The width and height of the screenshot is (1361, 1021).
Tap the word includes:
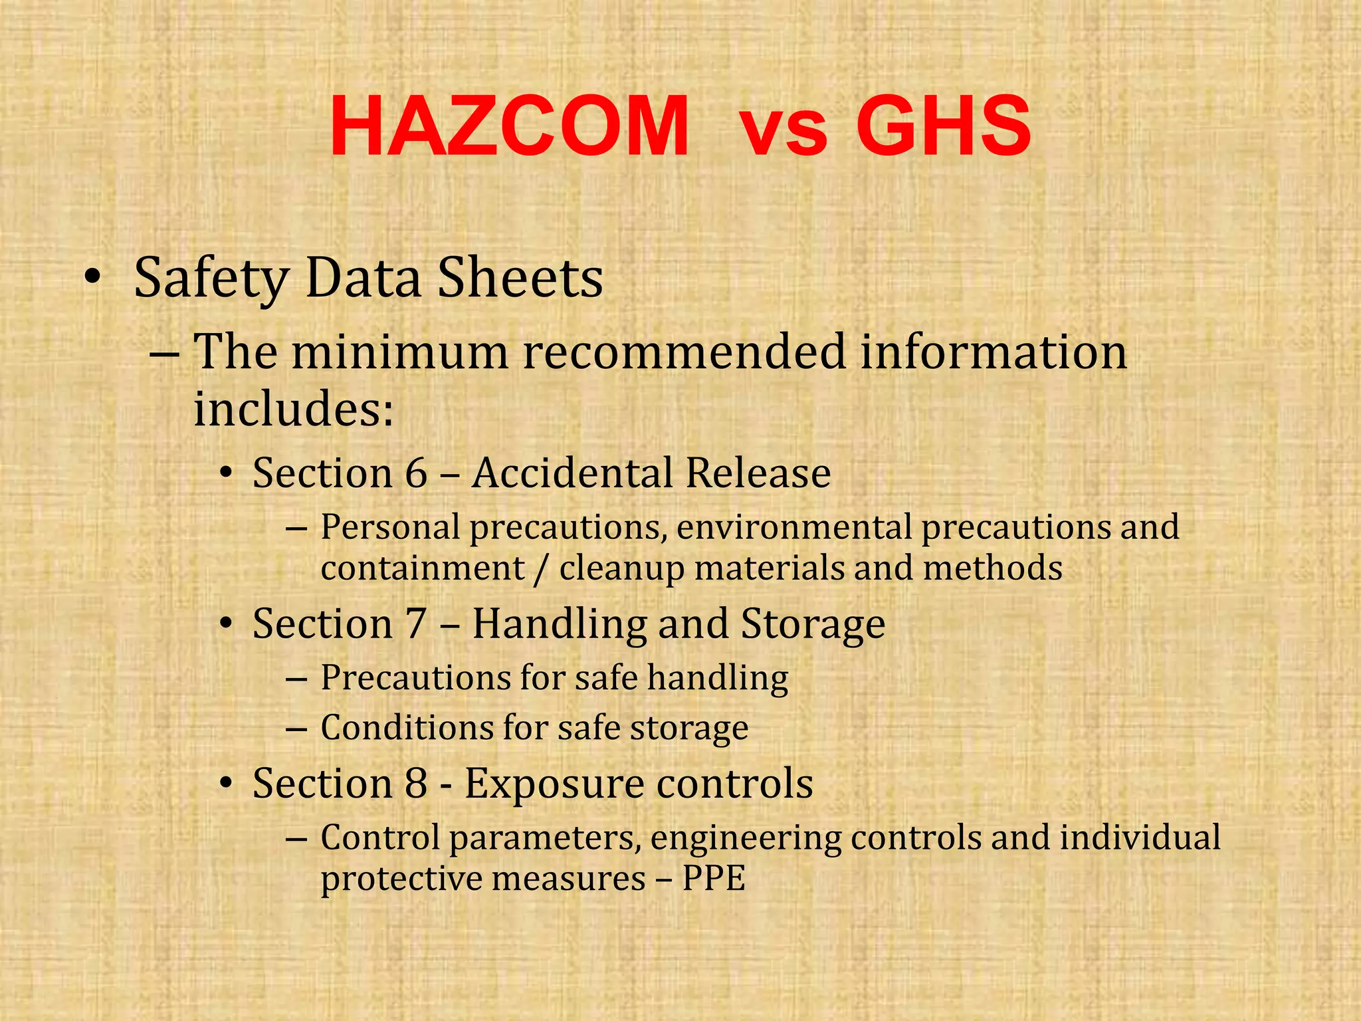[294, 408]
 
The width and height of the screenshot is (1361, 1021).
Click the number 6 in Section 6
[416, 473]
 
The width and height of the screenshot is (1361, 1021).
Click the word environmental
[795, 527]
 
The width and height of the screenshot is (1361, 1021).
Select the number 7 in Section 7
[415, 624]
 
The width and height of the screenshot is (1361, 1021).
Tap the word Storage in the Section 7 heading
[813, 624]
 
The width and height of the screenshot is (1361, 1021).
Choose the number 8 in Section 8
[416, 784]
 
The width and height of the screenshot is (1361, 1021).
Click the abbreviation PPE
[714, 879]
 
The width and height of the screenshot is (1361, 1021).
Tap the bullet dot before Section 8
[227, 784]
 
